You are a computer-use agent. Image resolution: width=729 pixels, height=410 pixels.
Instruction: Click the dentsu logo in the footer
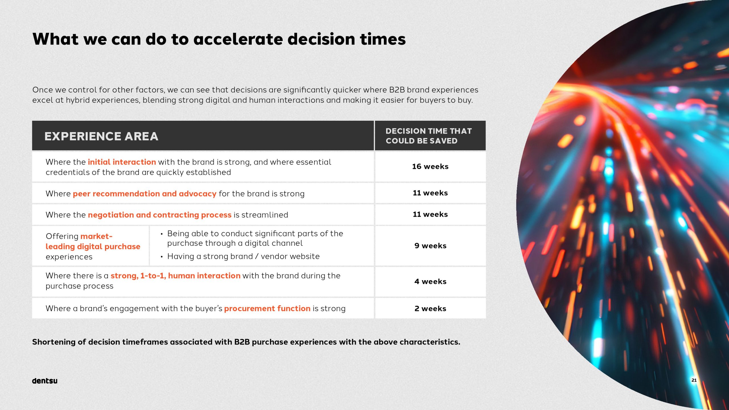[x=45, y=381]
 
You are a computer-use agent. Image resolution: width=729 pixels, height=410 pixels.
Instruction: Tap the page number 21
[x=694, y=380]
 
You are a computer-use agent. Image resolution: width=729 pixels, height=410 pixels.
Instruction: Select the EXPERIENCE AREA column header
[x=101, y=136]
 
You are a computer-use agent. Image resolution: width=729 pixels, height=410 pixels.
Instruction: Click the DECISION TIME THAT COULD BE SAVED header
[x=429, y=136]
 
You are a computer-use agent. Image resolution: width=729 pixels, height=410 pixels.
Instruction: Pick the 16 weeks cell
[x=430, y=167]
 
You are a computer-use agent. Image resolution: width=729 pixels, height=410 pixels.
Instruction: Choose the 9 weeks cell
[x=430, y=246]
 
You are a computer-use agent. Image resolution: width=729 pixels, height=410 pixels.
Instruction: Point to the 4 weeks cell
[x=430, y=282]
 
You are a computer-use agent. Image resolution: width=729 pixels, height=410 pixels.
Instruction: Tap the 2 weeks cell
[x=430, y=309]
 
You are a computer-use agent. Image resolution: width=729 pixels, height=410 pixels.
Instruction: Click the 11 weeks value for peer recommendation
[x=430, y=193]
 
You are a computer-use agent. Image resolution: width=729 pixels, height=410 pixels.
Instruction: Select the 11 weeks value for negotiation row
[x=430, y=214]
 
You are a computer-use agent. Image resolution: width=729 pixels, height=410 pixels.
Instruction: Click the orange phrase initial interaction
[x=122, y=162]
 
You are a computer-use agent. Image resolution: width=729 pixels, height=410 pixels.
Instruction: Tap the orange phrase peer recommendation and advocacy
[x=145, y=194]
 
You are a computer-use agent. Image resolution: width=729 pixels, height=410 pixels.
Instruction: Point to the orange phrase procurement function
[x=267, y=309]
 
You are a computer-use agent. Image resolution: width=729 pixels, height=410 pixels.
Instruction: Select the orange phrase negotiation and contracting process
[x=160, y=215]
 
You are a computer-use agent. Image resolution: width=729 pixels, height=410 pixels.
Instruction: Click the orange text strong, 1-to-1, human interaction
[x=175, y=276]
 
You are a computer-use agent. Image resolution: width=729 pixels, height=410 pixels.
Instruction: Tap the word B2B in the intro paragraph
[x=397, y=90]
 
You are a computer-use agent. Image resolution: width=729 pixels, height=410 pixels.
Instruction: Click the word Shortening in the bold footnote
[x=54, y=342]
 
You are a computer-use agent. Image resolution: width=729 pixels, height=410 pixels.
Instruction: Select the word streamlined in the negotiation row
[x=265, y=215]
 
